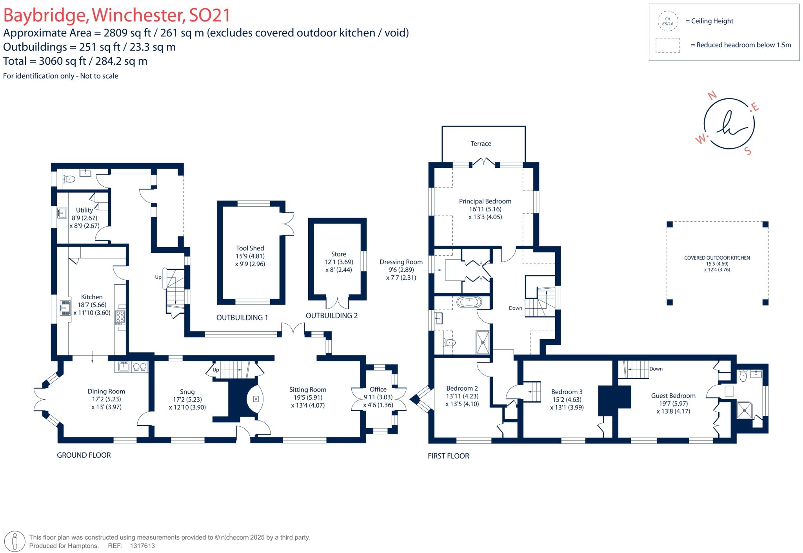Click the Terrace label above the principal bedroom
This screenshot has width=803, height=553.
(481, 144)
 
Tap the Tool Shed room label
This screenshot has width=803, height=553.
(250, 248)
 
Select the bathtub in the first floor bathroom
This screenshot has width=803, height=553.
(469, 302)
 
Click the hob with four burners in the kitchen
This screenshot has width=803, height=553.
(120, 317)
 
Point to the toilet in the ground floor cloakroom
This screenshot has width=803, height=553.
(69, 179)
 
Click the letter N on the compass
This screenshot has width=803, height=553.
(712, 95)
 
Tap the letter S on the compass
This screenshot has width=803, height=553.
(748, 151)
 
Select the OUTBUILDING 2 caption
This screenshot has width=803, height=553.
(331, 316)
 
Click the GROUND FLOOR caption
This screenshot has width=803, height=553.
(84, 455)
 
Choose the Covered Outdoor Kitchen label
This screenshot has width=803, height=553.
(717, 258)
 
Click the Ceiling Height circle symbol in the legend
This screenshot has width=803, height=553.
(667, 21)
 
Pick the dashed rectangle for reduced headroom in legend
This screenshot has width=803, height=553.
(667, 45)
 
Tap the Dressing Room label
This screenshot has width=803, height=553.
(401, 262)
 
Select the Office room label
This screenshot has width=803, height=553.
(378, 389)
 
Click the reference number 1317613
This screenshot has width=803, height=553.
(142, 546)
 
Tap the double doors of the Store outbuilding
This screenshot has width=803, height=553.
(338, 303)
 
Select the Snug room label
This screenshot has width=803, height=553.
(187, 392)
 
